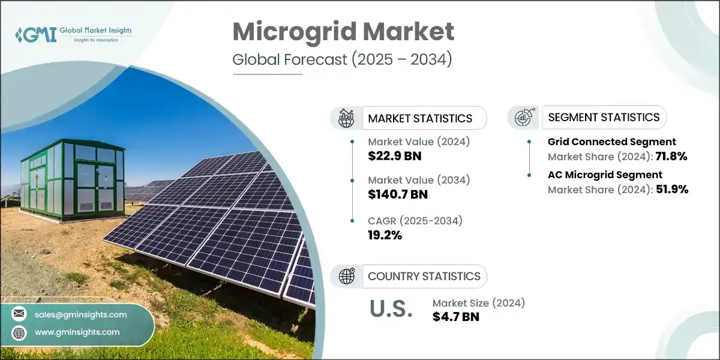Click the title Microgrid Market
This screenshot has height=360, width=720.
coord(343,32)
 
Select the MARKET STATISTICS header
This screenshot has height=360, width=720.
coord(420,118)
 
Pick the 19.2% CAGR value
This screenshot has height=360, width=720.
coord(385,235)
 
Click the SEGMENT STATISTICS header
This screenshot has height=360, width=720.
coord(604,117)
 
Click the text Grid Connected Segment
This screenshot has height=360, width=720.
coord(611,142)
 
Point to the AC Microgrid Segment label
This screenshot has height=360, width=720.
coord(605,175)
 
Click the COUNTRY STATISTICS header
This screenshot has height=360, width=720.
coord(424,276)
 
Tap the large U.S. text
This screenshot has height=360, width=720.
coord(391,309)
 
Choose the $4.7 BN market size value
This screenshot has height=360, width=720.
coord(455,317)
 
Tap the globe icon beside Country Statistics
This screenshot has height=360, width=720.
coord(346,276)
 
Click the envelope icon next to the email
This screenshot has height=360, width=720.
coord(20,314)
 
